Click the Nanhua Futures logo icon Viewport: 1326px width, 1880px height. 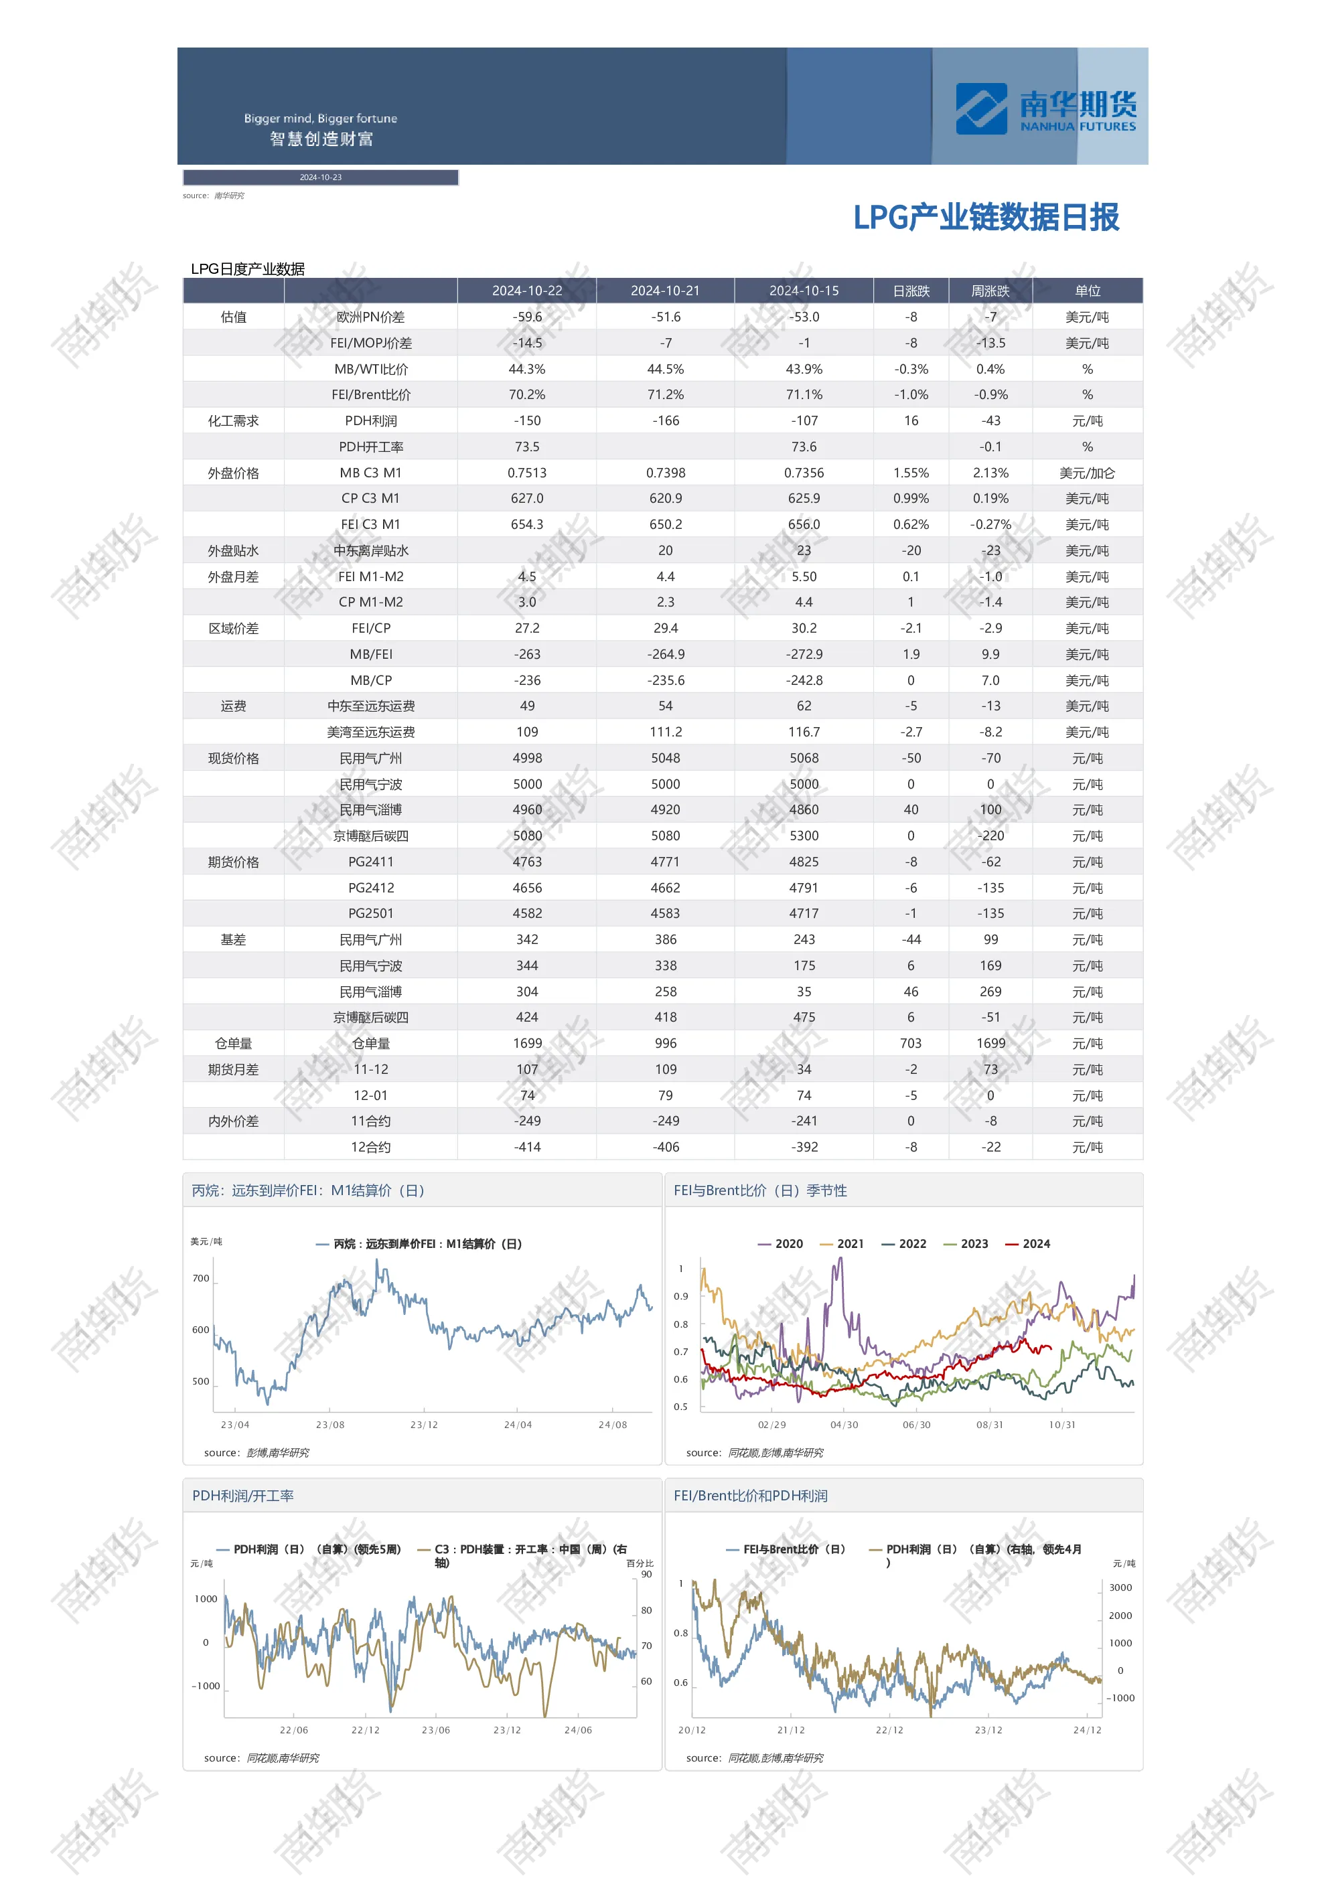coord(980,108)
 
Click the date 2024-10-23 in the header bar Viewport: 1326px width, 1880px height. coord(320,177)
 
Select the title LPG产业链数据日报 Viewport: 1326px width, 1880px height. coord(985,217)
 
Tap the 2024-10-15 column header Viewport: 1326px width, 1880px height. coord(804,291)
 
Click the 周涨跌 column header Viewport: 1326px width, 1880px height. coord(990,291)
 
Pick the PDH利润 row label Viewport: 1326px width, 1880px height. coord(370,421)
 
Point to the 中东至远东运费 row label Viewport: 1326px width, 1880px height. coord(370,706)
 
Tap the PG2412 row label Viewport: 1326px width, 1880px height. coord(370,888)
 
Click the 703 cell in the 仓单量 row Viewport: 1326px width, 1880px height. coord(910,1043)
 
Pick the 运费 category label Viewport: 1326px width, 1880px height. coord(234,706)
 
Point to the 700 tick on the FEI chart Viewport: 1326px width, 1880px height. coord(201,1278)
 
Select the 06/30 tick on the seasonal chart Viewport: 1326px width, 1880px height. coord(917,1425)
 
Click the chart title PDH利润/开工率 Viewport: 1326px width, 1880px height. coord(242,1496)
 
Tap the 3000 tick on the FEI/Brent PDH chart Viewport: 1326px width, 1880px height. coord(1120,1587)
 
